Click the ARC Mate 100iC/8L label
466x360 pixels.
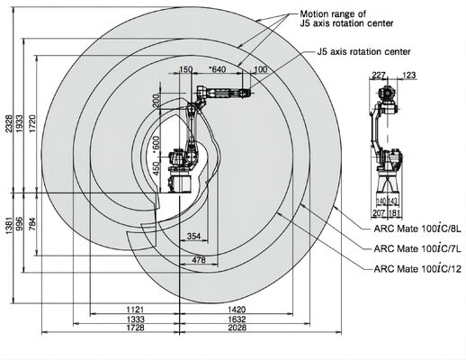point(417,229)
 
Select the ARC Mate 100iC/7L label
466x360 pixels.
point(417,248)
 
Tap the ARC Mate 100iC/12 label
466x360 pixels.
point(417,268)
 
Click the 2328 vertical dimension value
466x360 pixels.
point(9,123)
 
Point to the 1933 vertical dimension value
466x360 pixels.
point(19,123)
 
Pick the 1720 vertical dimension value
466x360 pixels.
point(31,123)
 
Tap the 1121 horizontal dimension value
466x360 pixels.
point(135,310)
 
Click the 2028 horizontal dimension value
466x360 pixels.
point(237,328)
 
